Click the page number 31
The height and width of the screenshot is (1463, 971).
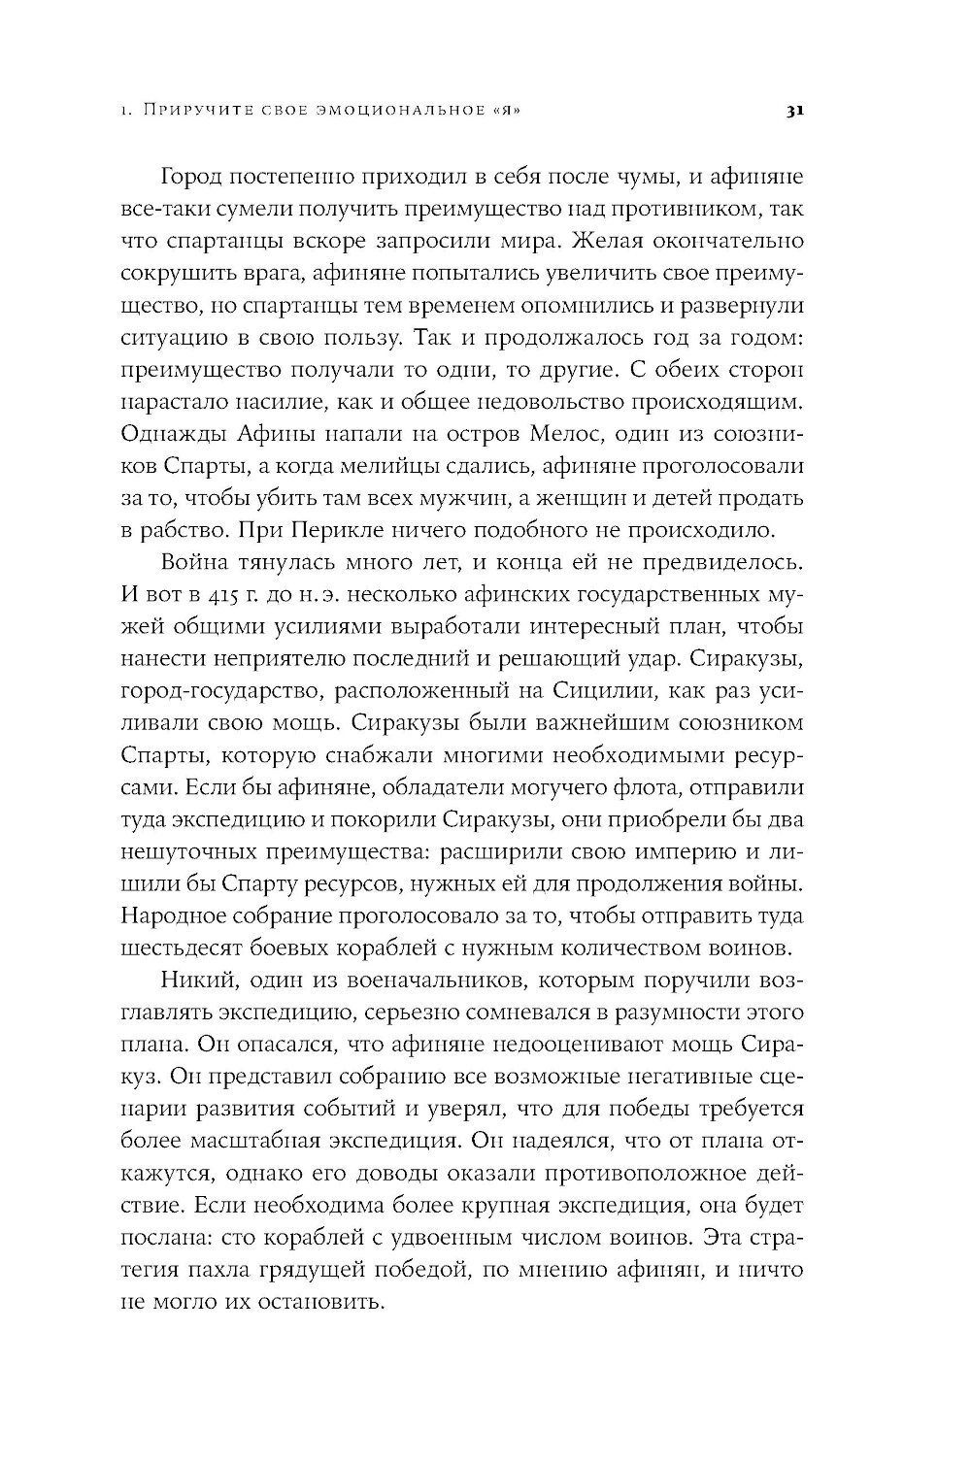[791, 112]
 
